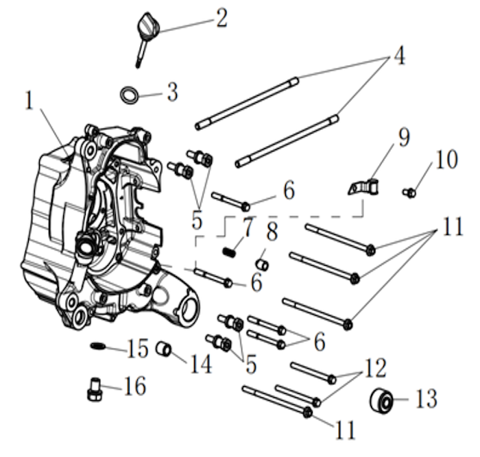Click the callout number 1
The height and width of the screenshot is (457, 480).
pyautogui.click(x=29, y=100)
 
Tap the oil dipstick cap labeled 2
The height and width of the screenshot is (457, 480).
pyautogui.click(x=148, y=25)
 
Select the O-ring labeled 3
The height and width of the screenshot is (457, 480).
pyautogui.click(x=130, y=95)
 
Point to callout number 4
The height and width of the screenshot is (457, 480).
pyautogui.click(x=399, y=55)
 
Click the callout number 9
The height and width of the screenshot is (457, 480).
pyautogui.click(x=404, y=137)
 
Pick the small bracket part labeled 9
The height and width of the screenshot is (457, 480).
pyautogui.click(x=363, y=186)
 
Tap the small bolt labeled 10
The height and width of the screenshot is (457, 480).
pyautogui.click(x=409, y=193)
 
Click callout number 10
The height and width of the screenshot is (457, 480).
pyautogui.click(x=446, y=159)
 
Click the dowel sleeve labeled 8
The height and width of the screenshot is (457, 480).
pyautogui.click(x=263, y=264)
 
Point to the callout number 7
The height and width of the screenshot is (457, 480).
pyautogui.click(x=248, y=227)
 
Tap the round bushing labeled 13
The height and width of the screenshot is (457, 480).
pyautogui.click(x=381, y=400)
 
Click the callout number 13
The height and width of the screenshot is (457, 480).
pyautogui.click(x=426, y=399)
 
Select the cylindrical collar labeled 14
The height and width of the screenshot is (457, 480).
pyautogui.click(x=164, y=349)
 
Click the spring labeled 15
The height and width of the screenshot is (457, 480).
pyautogui.click(x=97, y=345)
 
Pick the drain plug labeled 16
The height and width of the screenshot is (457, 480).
pyautogui.click(x=94, y=389)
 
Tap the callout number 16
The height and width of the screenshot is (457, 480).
pyautogui.click(x=134, y=386)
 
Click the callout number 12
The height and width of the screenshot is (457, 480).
pyautogui.click(x=375, y=368)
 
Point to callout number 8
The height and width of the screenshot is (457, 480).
pyautogui.click(x=272, y=232)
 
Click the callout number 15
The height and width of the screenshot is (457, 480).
pyautogui.click(x=137, y=348)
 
